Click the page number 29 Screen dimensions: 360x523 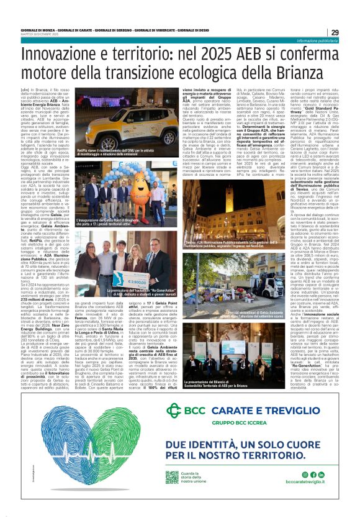pos(335,32)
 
